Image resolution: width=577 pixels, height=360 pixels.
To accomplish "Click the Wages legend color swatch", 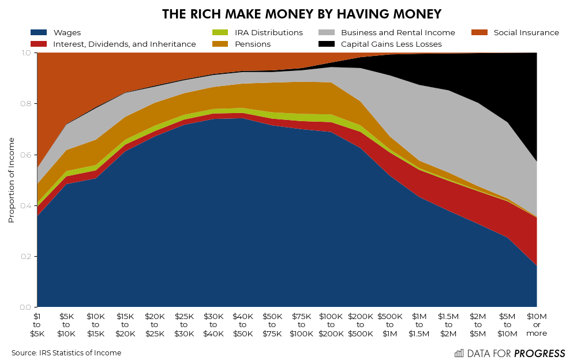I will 39,33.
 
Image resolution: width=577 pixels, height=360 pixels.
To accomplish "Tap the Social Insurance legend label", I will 526,33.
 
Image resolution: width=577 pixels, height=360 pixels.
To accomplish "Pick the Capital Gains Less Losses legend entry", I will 391,44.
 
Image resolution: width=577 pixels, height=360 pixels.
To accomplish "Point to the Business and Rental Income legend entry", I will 398,33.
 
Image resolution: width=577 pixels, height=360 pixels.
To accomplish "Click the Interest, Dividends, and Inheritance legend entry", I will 124,44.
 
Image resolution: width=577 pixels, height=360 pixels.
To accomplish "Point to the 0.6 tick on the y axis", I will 27,155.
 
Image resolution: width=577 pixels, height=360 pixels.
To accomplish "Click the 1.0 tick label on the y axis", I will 27,53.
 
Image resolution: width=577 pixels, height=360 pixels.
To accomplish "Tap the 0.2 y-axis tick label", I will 27,256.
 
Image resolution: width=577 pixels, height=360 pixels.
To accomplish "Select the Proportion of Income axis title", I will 12,180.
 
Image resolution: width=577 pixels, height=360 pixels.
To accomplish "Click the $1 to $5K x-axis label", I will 38,325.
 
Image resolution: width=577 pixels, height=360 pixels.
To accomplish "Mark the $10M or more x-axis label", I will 537,325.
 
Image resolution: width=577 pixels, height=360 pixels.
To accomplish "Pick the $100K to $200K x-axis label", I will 331,325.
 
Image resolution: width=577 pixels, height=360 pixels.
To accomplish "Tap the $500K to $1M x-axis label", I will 390,325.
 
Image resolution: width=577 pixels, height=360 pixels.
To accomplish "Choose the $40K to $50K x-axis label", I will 243,325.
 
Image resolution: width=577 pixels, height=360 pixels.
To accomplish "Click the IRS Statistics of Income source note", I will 66,353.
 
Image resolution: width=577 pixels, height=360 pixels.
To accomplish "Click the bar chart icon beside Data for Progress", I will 459,353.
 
